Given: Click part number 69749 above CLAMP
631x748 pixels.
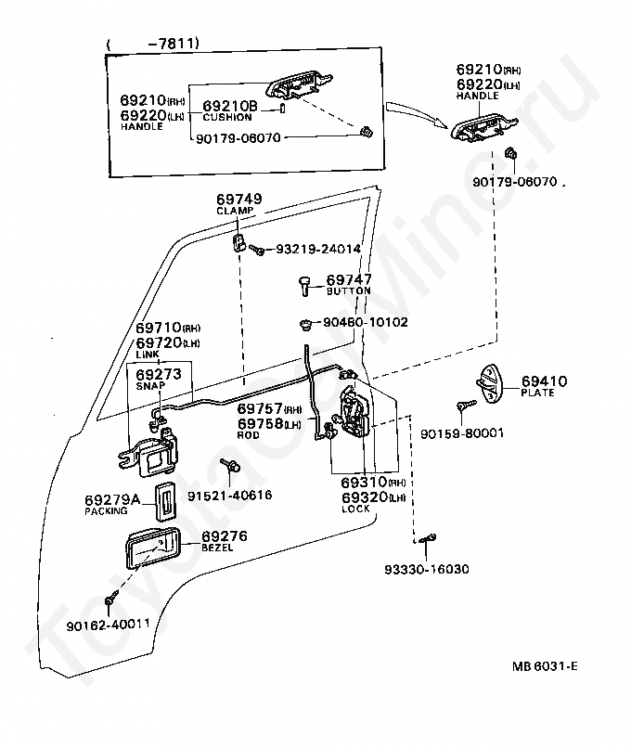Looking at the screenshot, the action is click(x=239, y=199).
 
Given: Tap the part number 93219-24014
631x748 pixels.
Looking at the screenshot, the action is click(x=318, y=249).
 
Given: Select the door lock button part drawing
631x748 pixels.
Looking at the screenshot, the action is click(x=304, y=285).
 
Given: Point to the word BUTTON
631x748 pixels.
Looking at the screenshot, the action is click(x=348, y=291).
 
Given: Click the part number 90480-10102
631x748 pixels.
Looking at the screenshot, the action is click(x=366, y=322).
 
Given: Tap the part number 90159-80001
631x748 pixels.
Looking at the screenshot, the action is click(x=462, y=433).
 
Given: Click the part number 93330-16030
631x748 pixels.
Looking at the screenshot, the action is click(x=427, y=569).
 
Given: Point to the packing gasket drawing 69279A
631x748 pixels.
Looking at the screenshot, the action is click(x=165, y=501).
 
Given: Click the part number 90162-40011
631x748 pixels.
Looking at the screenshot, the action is click(x=108, y=625).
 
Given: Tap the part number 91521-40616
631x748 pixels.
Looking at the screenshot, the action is click(x=229, y=496).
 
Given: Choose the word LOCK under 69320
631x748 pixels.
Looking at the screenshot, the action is click(x=355, y=509).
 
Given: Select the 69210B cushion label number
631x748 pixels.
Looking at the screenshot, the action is click(x=230, y=106).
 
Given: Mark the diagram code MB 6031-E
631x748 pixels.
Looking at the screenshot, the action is click(x=545, y=666).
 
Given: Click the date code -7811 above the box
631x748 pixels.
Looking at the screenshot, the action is click(x=173, y=44).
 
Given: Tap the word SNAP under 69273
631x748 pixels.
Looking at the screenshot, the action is click(x=150, y=386).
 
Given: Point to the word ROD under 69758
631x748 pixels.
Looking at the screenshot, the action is click(x=248, y=435).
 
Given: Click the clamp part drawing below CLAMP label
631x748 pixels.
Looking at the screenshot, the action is click(x=240, y=242).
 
